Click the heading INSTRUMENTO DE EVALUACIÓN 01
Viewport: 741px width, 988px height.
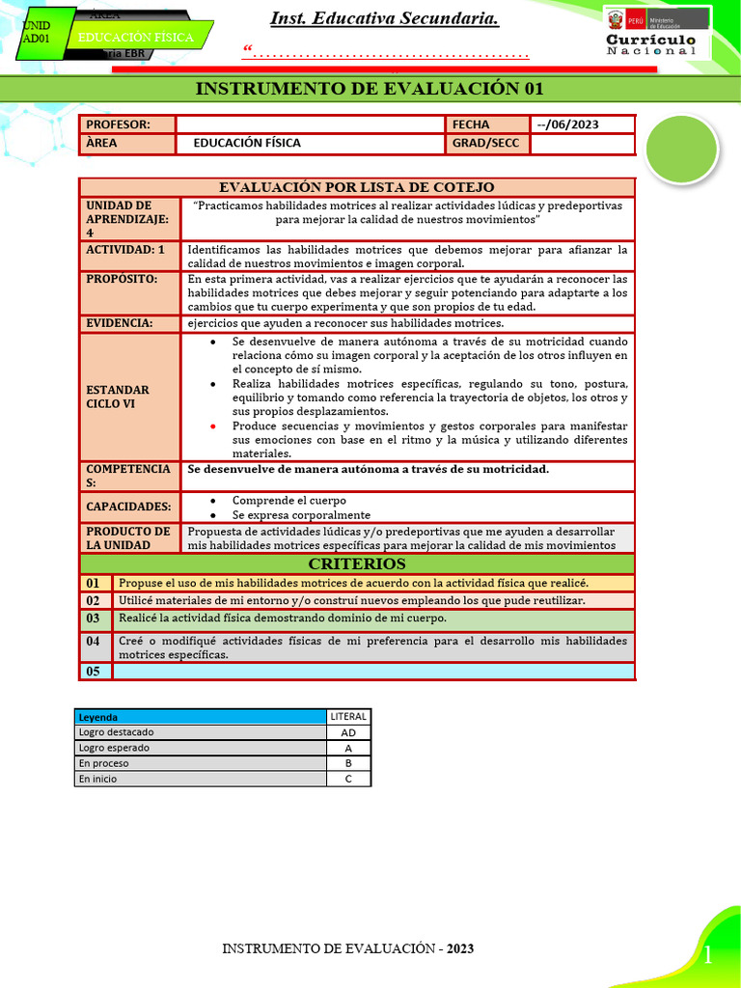[x=370, y=89]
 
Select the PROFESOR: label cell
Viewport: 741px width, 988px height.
[x=127, y=124]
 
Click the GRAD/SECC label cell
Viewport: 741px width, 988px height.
[x=487, y=144]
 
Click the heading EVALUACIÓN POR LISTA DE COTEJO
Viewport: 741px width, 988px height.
[x=357, y=187]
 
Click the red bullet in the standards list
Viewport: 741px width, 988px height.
[x=213, y=425]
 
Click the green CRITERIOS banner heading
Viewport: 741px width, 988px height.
[x=357, y=563]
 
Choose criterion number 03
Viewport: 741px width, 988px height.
[x=94, y=618]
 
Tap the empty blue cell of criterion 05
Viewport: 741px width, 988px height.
[x=374, y=672]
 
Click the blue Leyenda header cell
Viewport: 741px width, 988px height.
[x=201, y=717]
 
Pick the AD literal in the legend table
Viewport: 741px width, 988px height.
[x=348, y=732]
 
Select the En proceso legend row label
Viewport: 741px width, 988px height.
[x=201, y=763]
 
